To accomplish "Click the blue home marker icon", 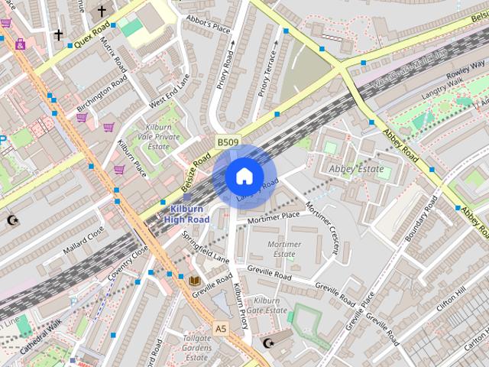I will click(x=244, y=177).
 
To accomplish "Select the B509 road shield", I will click(x=228, y=142).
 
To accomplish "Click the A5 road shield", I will click(x=221, y=328).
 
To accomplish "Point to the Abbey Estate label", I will click(x=355, y=168).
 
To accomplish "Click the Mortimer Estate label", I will click(x=283, y=249).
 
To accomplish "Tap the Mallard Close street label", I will click(x=84, y=239).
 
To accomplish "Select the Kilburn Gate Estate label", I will click(x=271, y=306).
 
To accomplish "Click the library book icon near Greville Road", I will click(x=195, y=281).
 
